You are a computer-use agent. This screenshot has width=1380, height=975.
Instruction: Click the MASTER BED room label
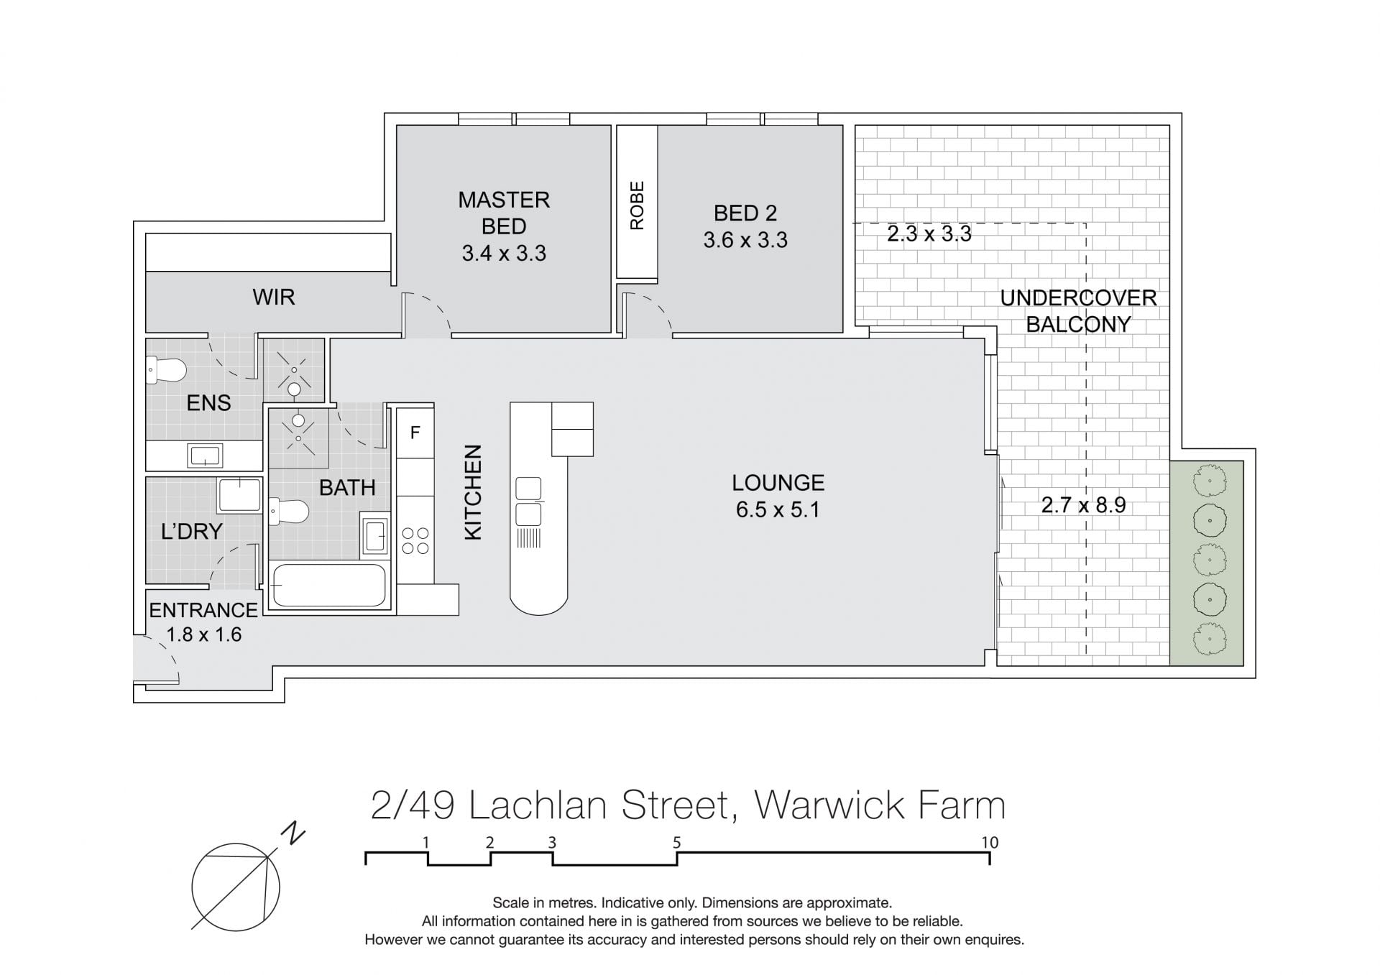(504, 213)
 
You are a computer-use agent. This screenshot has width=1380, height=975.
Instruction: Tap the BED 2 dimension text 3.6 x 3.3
(745, 240)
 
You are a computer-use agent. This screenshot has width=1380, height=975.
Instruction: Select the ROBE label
(637, 205)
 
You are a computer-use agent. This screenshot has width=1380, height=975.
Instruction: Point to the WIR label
(273, 297)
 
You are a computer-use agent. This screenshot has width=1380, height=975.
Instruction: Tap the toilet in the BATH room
(289, 512)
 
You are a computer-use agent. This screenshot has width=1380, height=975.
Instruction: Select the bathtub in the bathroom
(329, 586)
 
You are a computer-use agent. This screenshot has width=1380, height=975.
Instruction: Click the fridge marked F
(415, 433)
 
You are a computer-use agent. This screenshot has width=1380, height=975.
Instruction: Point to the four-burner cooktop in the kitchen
(415, 540)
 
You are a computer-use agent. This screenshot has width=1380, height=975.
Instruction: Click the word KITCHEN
(473, 492)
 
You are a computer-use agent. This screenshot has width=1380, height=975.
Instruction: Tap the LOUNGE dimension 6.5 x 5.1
(778, 510)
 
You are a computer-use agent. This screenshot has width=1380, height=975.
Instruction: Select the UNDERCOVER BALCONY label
(1078, 311)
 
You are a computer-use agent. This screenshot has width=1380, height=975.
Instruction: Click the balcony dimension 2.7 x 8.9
(1084, 505)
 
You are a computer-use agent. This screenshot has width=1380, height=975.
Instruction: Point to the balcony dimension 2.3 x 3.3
(929, 234)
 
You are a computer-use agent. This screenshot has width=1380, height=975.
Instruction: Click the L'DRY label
(192, 532)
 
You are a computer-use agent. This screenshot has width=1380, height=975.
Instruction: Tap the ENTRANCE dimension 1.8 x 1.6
(204, 635)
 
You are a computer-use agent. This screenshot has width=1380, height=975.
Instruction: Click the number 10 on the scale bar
(990, 843)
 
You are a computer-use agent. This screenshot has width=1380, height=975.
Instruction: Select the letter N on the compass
(293, 834)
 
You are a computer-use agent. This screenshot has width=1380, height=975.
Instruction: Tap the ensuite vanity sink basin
(205, 455)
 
